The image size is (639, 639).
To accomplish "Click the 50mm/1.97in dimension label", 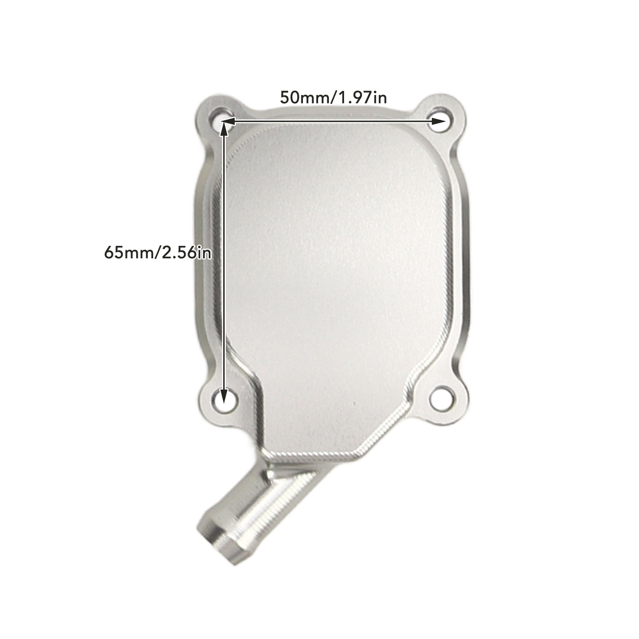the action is coord(333,97).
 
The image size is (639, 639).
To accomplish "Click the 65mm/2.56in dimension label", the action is coord(158,253).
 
